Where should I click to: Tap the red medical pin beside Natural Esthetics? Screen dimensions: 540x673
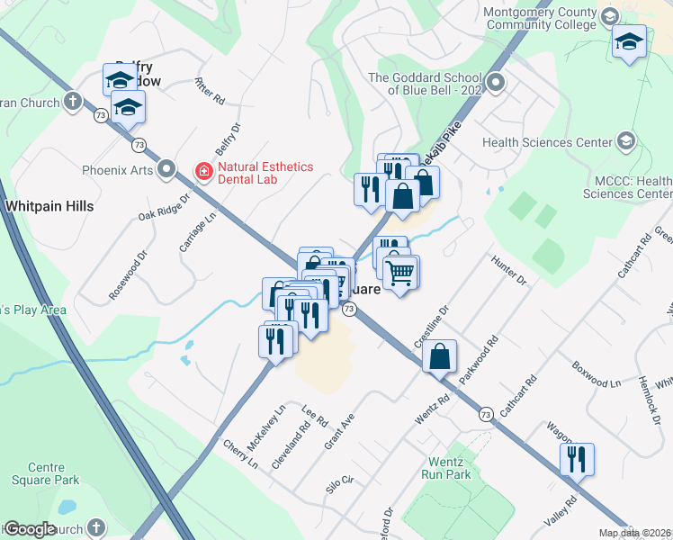pyautogui.click(x=204, y=170)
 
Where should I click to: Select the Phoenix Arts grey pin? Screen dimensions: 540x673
pyautogui.click(x=166, y=169)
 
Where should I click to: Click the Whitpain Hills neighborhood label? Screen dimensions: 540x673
pyautogui.click(x=49, y=206)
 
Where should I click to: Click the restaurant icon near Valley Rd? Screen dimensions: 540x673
pyautogui.click(x=576, y=459)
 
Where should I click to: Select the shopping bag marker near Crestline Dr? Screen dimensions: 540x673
pyautogui.click(x=439, y=355)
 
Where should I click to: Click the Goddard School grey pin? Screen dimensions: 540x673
pyautogui.click(x=494, y=85)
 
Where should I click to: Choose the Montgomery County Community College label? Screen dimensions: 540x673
pyautogui.click(x=540, y=19)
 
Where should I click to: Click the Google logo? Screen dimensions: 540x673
pyautogui.click(x=31, y=529)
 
